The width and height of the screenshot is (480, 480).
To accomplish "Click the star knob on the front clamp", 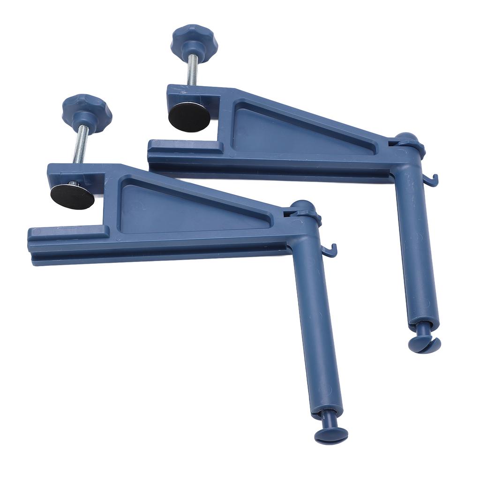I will tap(87, 110).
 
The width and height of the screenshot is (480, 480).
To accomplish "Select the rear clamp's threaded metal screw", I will tap(192, 69).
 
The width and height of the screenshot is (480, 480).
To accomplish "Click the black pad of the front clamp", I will tap(72, 196).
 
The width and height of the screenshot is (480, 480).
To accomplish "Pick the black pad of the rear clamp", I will tap(189, 117).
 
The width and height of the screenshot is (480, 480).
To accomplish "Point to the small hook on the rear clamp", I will tap(433, 181).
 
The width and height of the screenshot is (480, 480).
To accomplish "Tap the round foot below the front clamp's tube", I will tap(330, 434).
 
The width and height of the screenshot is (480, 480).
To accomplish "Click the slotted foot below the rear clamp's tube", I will tap(424, 345).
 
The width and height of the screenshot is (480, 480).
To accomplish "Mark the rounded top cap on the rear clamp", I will tap(405, 139).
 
